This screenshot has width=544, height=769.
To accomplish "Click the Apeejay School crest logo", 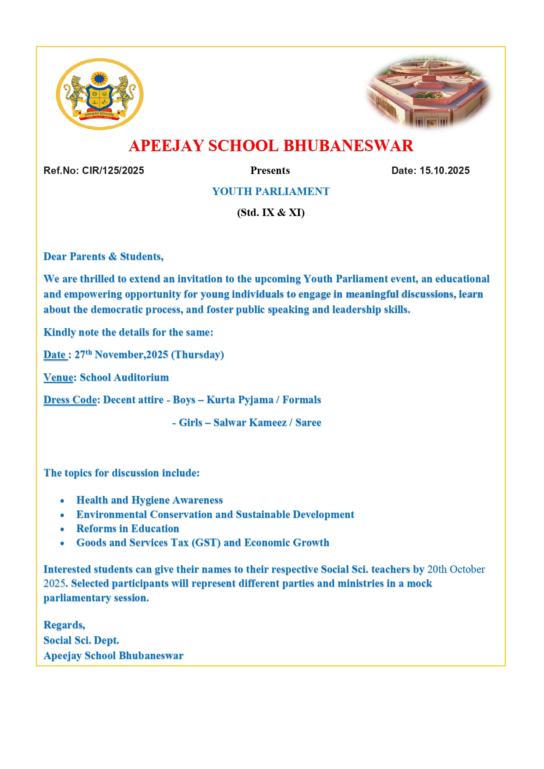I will [100, 94].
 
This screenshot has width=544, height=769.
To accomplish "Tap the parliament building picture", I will [429, 92].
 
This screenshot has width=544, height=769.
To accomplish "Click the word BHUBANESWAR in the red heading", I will [348, 146].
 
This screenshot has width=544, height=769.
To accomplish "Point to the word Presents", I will [270, 170].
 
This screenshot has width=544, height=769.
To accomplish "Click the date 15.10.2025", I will [444, 170].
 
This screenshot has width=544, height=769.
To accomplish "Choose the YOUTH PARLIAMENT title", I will [270, 191].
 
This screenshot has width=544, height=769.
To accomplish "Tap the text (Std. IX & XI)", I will [270, 213].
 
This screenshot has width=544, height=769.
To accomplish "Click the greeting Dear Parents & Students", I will [103, 256].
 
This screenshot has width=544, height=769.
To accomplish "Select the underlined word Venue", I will [58, 378].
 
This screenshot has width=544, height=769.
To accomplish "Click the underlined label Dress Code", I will [70, 400].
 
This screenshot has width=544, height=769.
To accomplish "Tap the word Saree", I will [308, 423].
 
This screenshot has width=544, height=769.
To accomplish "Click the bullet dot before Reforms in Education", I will [62, 529].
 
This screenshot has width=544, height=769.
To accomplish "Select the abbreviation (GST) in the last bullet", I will [206, 543].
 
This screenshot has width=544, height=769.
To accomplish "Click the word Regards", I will [64, 625].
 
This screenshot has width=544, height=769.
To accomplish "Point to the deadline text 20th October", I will [456, 569].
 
